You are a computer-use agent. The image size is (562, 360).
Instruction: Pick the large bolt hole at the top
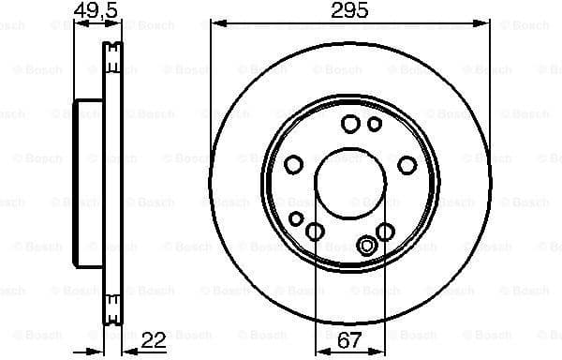[351, 124]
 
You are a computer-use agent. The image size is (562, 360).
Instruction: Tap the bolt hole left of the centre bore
[293, 165]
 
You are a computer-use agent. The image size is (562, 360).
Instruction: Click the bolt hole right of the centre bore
[407, 165]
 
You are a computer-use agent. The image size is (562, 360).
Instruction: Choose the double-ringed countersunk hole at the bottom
[367, 246]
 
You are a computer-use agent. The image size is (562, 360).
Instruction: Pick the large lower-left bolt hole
[315, 232]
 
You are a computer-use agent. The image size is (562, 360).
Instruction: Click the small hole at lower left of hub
[296, 218]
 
